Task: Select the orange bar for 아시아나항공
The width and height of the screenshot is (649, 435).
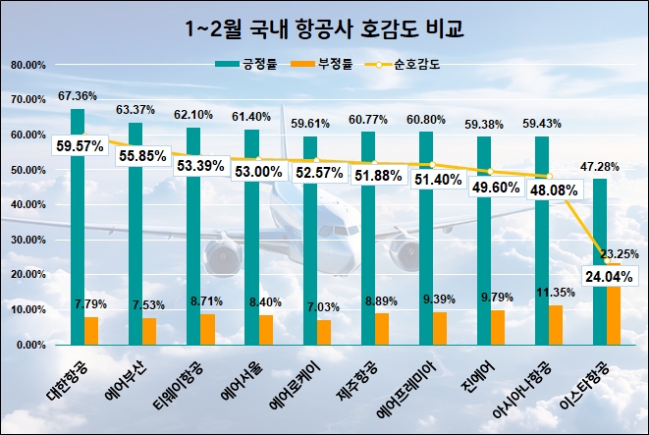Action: click(x=556, y=325)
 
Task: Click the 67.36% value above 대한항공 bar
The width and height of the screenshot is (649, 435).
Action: click(x=77, y=96)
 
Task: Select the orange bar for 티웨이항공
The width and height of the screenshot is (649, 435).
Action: click(x=207, y=329)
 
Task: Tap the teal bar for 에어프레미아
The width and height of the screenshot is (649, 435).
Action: click(x=425, y=241)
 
